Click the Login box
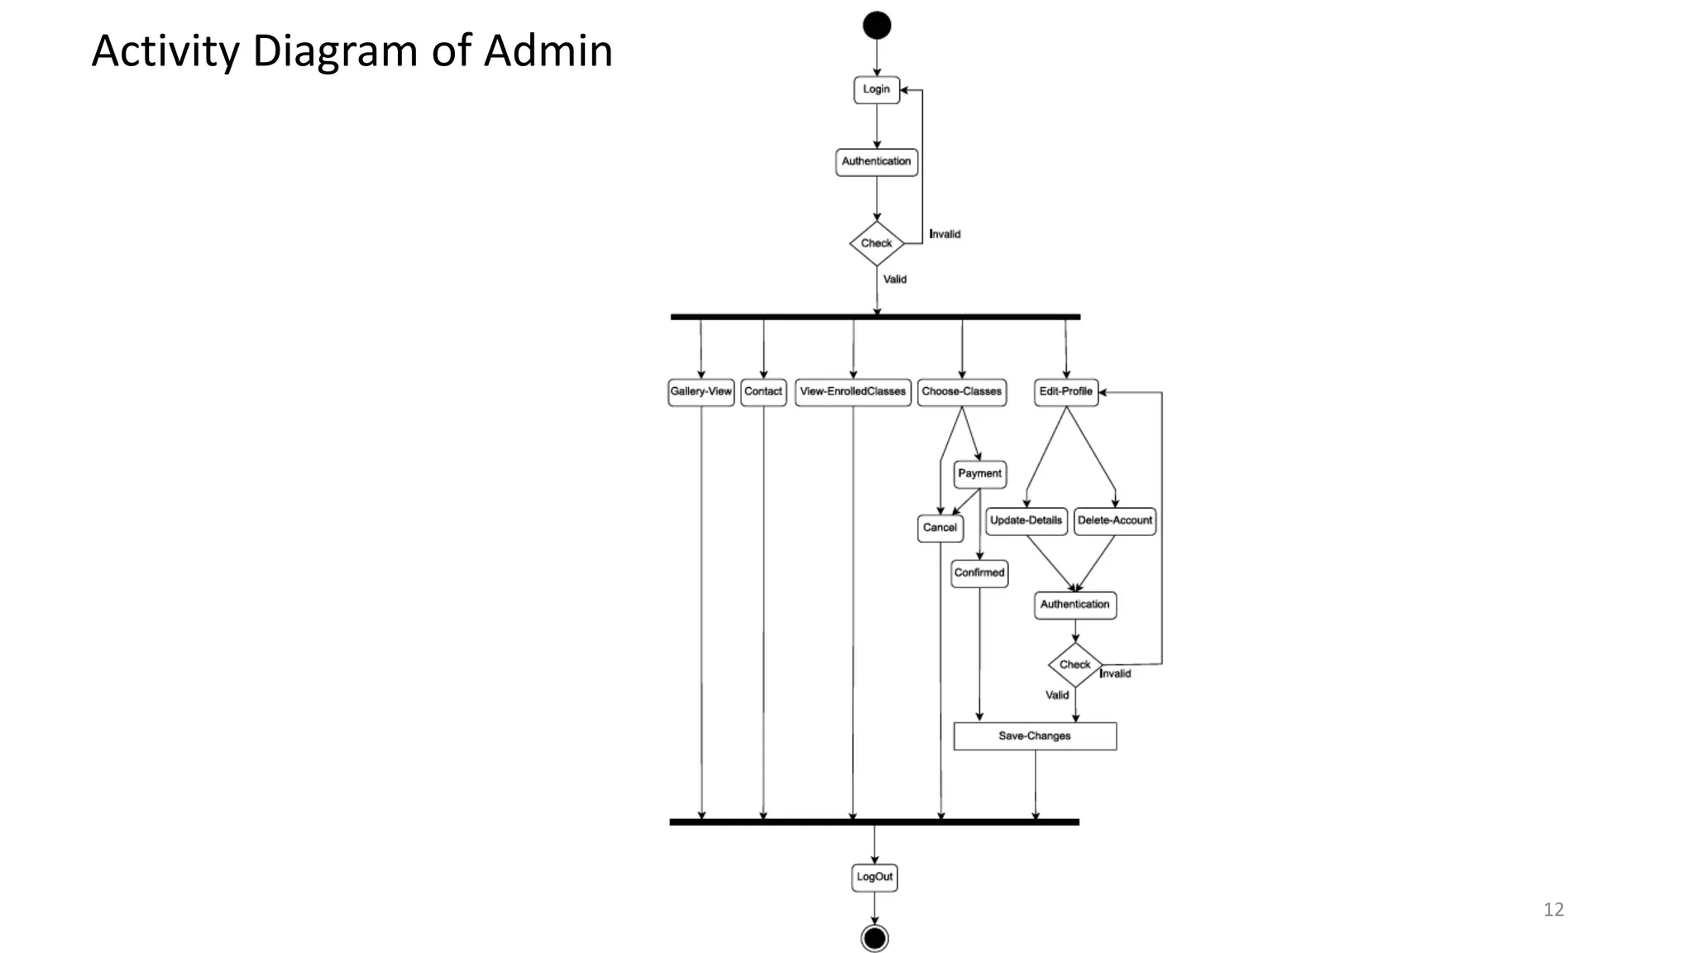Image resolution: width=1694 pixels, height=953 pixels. coord(876,89)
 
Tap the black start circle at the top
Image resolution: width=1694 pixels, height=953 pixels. coord(877,26)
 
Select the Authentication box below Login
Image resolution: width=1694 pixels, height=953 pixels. coord(876,161)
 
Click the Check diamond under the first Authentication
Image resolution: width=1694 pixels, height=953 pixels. coord(876,243)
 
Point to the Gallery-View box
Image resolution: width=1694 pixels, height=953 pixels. coord(701,392)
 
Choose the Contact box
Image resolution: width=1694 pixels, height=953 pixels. coord(763,392)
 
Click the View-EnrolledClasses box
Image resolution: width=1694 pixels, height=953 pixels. coord(853,392)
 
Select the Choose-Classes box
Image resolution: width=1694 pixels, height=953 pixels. coord(961,392)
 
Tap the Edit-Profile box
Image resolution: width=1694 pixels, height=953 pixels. coord(1065,392)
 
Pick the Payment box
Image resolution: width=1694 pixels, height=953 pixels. coord(979,474)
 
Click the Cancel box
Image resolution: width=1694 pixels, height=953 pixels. coord(940,528)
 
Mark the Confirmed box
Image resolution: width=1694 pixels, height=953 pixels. coord(979,572)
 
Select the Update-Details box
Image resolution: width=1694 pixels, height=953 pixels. coord(1026,521)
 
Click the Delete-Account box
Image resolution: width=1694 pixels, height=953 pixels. coord(1114,521)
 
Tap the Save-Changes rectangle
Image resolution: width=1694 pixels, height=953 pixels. coord(1034,736)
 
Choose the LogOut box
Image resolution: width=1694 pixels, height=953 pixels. coord(874,877)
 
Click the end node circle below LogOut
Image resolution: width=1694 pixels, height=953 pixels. coord(874,938)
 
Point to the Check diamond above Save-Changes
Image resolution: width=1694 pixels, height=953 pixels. coord(1074,664)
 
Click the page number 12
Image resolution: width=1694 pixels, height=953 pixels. coord(1553,910)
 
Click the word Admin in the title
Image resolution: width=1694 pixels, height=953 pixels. coord(548,51)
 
